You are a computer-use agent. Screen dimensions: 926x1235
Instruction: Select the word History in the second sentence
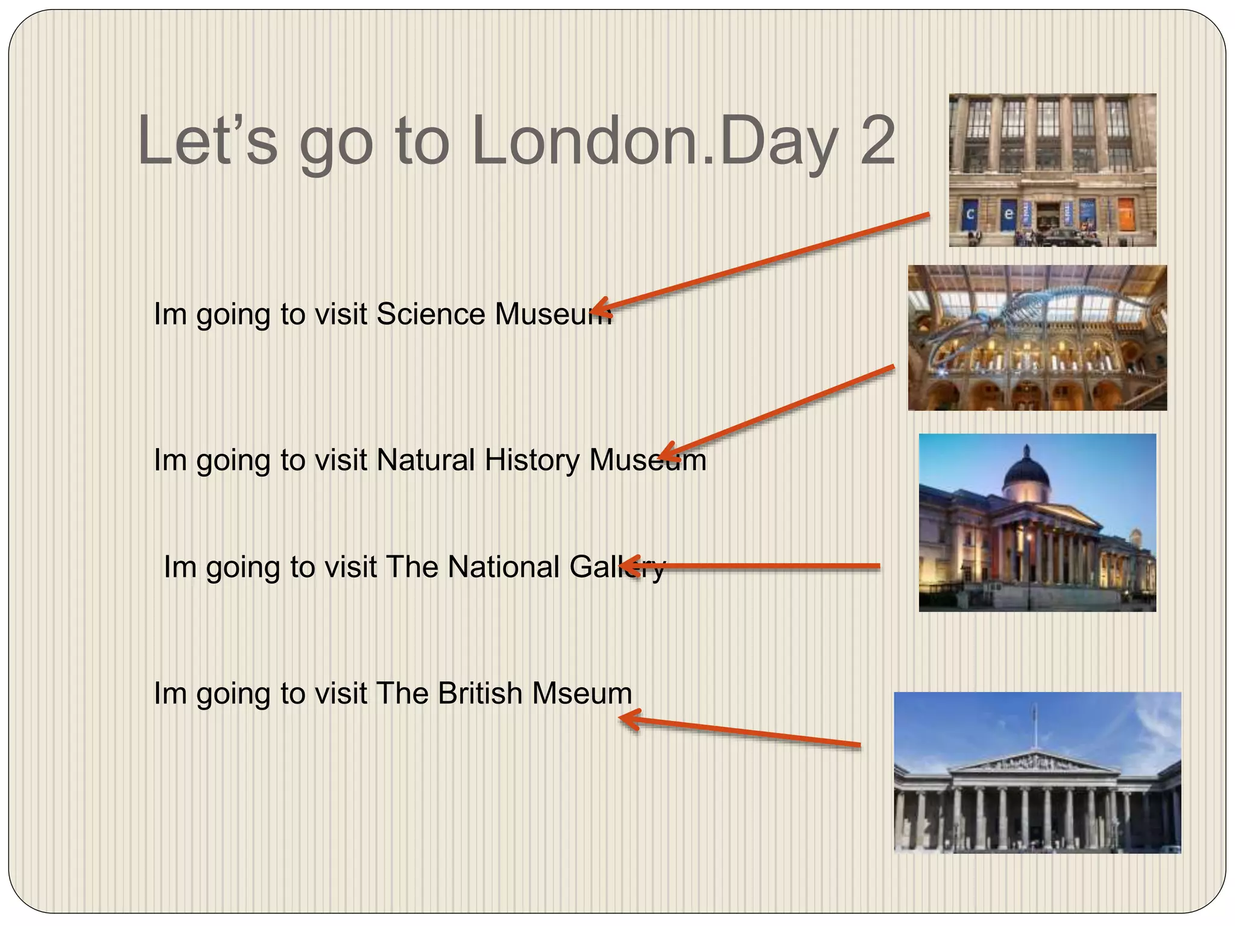tap(532, 460)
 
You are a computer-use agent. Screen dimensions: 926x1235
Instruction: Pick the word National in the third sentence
tap(504, 567)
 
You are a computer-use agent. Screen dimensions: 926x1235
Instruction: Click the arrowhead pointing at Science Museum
tap(601, 308)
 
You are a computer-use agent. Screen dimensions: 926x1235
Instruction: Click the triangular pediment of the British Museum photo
tap(1035, 763)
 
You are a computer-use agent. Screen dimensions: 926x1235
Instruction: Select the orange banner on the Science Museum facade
tap(1126, 213)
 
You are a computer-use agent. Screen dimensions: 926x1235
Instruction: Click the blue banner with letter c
tap(970, 214)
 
